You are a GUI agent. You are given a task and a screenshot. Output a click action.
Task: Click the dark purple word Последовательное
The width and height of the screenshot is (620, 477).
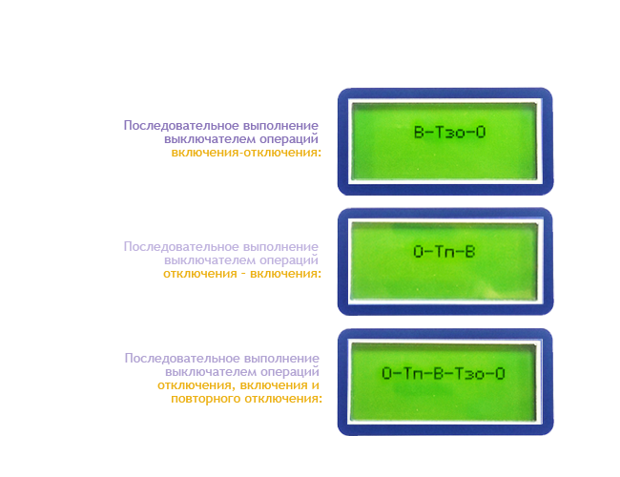(x=180, y=125)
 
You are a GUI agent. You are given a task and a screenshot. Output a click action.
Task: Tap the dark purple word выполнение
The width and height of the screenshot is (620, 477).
(x=280, y=126)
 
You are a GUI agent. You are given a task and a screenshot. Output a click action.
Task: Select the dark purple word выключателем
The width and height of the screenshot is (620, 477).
(x=210, y=139)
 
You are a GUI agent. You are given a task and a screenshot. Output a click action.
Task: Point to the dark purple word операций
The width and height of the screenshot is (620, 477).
(x=289, y=139)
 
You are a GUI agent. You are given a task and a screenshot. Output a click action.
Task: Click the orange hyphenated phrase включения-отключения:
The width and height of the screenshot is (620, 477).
(x=246, y=153)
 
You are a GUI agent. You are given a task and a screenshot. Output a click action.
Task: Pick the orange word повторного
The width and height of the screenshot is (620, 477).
(x=205, y=399)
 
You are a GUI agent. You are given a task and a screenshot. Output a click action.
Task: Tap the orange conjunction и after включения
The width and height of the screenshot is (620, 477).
(x=315, y=385)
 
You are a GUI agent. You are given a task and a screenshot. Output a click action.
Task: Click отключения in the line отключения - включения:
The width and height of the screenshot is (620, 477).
(x=199, y=273)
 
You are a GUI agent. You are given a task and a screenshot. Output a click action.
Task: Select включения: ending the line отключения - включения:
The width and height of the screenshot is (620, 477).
(x=285, y=273)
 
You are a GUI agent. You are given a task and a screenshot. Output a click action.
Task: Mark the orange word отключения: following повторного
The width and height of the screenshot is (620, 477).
(x=283, y=398)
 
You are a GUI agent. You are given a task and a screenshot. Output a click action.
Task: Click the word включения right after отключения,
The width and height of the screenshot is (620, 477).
(x=274, y=385)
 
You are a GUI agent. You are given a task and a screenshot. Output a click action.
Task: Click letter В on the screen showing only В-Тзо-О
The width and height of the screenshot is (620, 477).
(x=419, y=132)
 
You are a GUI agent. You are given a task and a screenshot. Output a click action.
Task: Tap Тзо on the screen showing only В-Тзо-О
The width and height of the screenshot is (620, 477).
(x=449, y=132)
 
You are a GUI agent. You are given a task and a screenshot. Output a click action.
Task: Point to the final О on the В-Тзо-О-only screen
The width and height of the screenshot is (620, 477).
(x=481, y=132)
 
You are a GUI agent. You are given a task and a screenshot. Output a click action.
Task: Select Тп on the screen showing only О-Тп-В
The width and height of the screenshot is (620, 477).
(x=444, y=252)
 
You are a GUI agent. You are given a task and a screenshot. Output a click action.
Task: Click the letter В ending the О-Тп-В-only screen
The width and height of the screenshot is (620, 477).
(x=469, y=252)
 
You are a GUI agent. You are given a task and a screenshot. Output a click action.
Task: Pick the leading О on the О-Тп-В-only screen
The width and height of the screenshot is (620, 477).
(x=419, y=252)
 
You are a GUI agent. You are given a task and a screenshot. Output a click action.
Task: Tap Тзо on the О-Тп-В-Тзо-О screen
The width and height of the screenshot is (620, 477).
(x=469, y=373)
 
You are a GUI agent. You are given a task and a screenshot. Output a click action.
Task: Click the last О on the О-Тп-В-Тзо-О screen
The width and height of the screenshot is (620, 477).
(x=500, y=373)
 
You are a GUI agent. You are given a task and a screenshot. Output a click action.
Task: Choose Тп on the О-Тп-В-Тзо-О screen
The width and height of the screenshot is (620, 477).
(x=413, y=373)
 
